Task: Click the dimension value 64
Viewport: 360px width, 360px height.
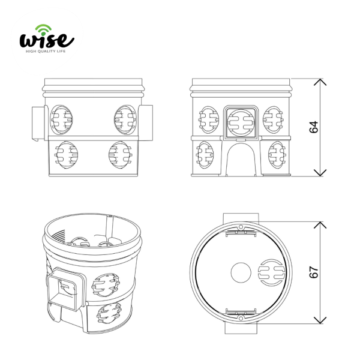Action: pyautogui.click(x=314, y=127)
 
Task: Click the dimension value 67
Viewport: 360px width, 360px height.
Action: pyautogui.click(x=314, y=272)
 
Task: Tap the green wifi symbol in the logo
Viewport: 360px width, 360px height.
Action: pyautogui.click(x=43, y=29)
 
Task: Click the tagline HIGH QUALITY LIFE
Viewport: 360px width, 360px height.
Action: pyautogui.click(x=46, y=51)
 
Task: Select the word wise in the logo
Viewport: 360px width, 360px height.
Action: pyautogui.click(x=47, y=40)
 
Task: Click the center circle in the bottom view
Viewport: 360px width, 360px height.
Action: pyautogui.click(x=241, y=273)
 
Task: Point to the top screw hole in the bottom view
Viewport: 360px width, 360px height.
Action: pyautogui.click(x=241, y=227)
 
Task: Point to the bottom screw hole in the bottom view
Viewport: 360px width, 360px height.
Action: pyautogui.click(x=241, y=318)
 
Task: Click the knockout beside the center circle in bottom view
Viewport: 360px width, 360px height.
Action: pyautogui.click(x=272, y=273)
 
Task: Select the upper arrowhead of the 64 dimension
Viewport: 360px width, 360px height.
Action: pyautogui.click(x=320, y=82)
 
